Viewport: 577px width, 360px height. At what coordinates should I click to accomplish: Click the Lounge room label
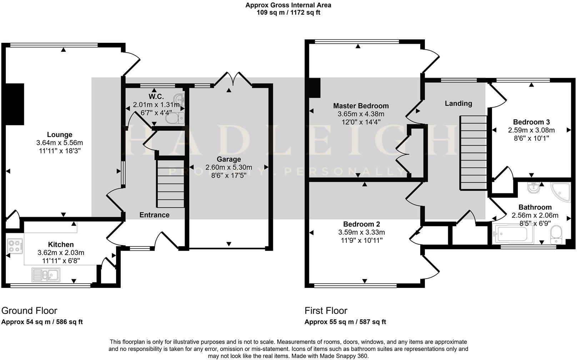point(60,135)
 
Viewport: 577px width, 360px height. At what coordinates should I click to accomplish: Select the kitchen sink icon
point(46,275)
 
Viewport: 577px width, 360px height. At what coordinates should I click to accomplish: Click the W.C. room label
point(156,96)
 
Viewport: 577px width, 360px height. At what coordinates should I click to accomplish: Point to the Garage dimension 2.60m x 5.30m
point(229,167)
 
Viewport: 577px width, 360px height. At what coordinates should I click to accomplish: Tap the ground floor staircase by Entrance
point(171,184)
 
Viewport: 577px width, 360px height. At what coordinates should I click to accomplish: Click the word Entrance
point(154,215)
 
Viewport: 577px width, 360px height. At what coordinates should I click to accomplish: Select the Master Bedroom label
point(361,106)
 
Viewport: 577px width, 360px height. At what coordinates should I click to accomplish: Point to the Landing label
point(458,103)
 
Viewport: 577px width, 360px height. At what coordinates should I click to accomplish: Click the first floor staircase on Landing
point(473,152)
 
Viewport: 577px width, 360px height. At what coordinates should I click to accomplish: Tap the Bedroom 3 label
point(531,122)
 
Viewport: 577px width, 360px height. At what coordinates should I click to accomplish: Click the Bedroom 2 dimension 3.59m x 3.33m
point(361,232)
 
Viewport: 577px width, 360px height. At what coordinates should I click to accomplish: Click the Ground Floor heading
point(29,310)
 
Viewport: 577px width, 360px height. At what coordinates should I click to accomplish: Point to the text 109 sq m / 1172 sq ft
point(288,12)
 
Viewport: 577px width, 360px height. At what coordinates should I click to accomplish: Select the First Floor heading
point(326,310)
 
